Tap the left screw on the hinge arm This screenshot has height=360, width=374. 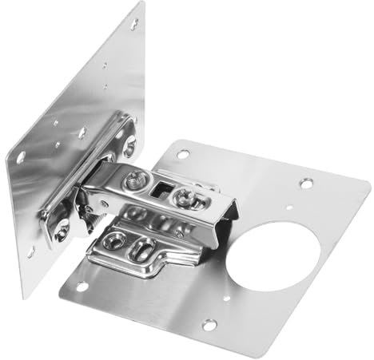tap(149, 184)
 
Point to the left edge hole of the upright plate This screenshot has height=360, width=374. tap(20, 156)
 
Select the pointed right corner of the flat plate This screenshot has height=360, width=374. tap(367, 186)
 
